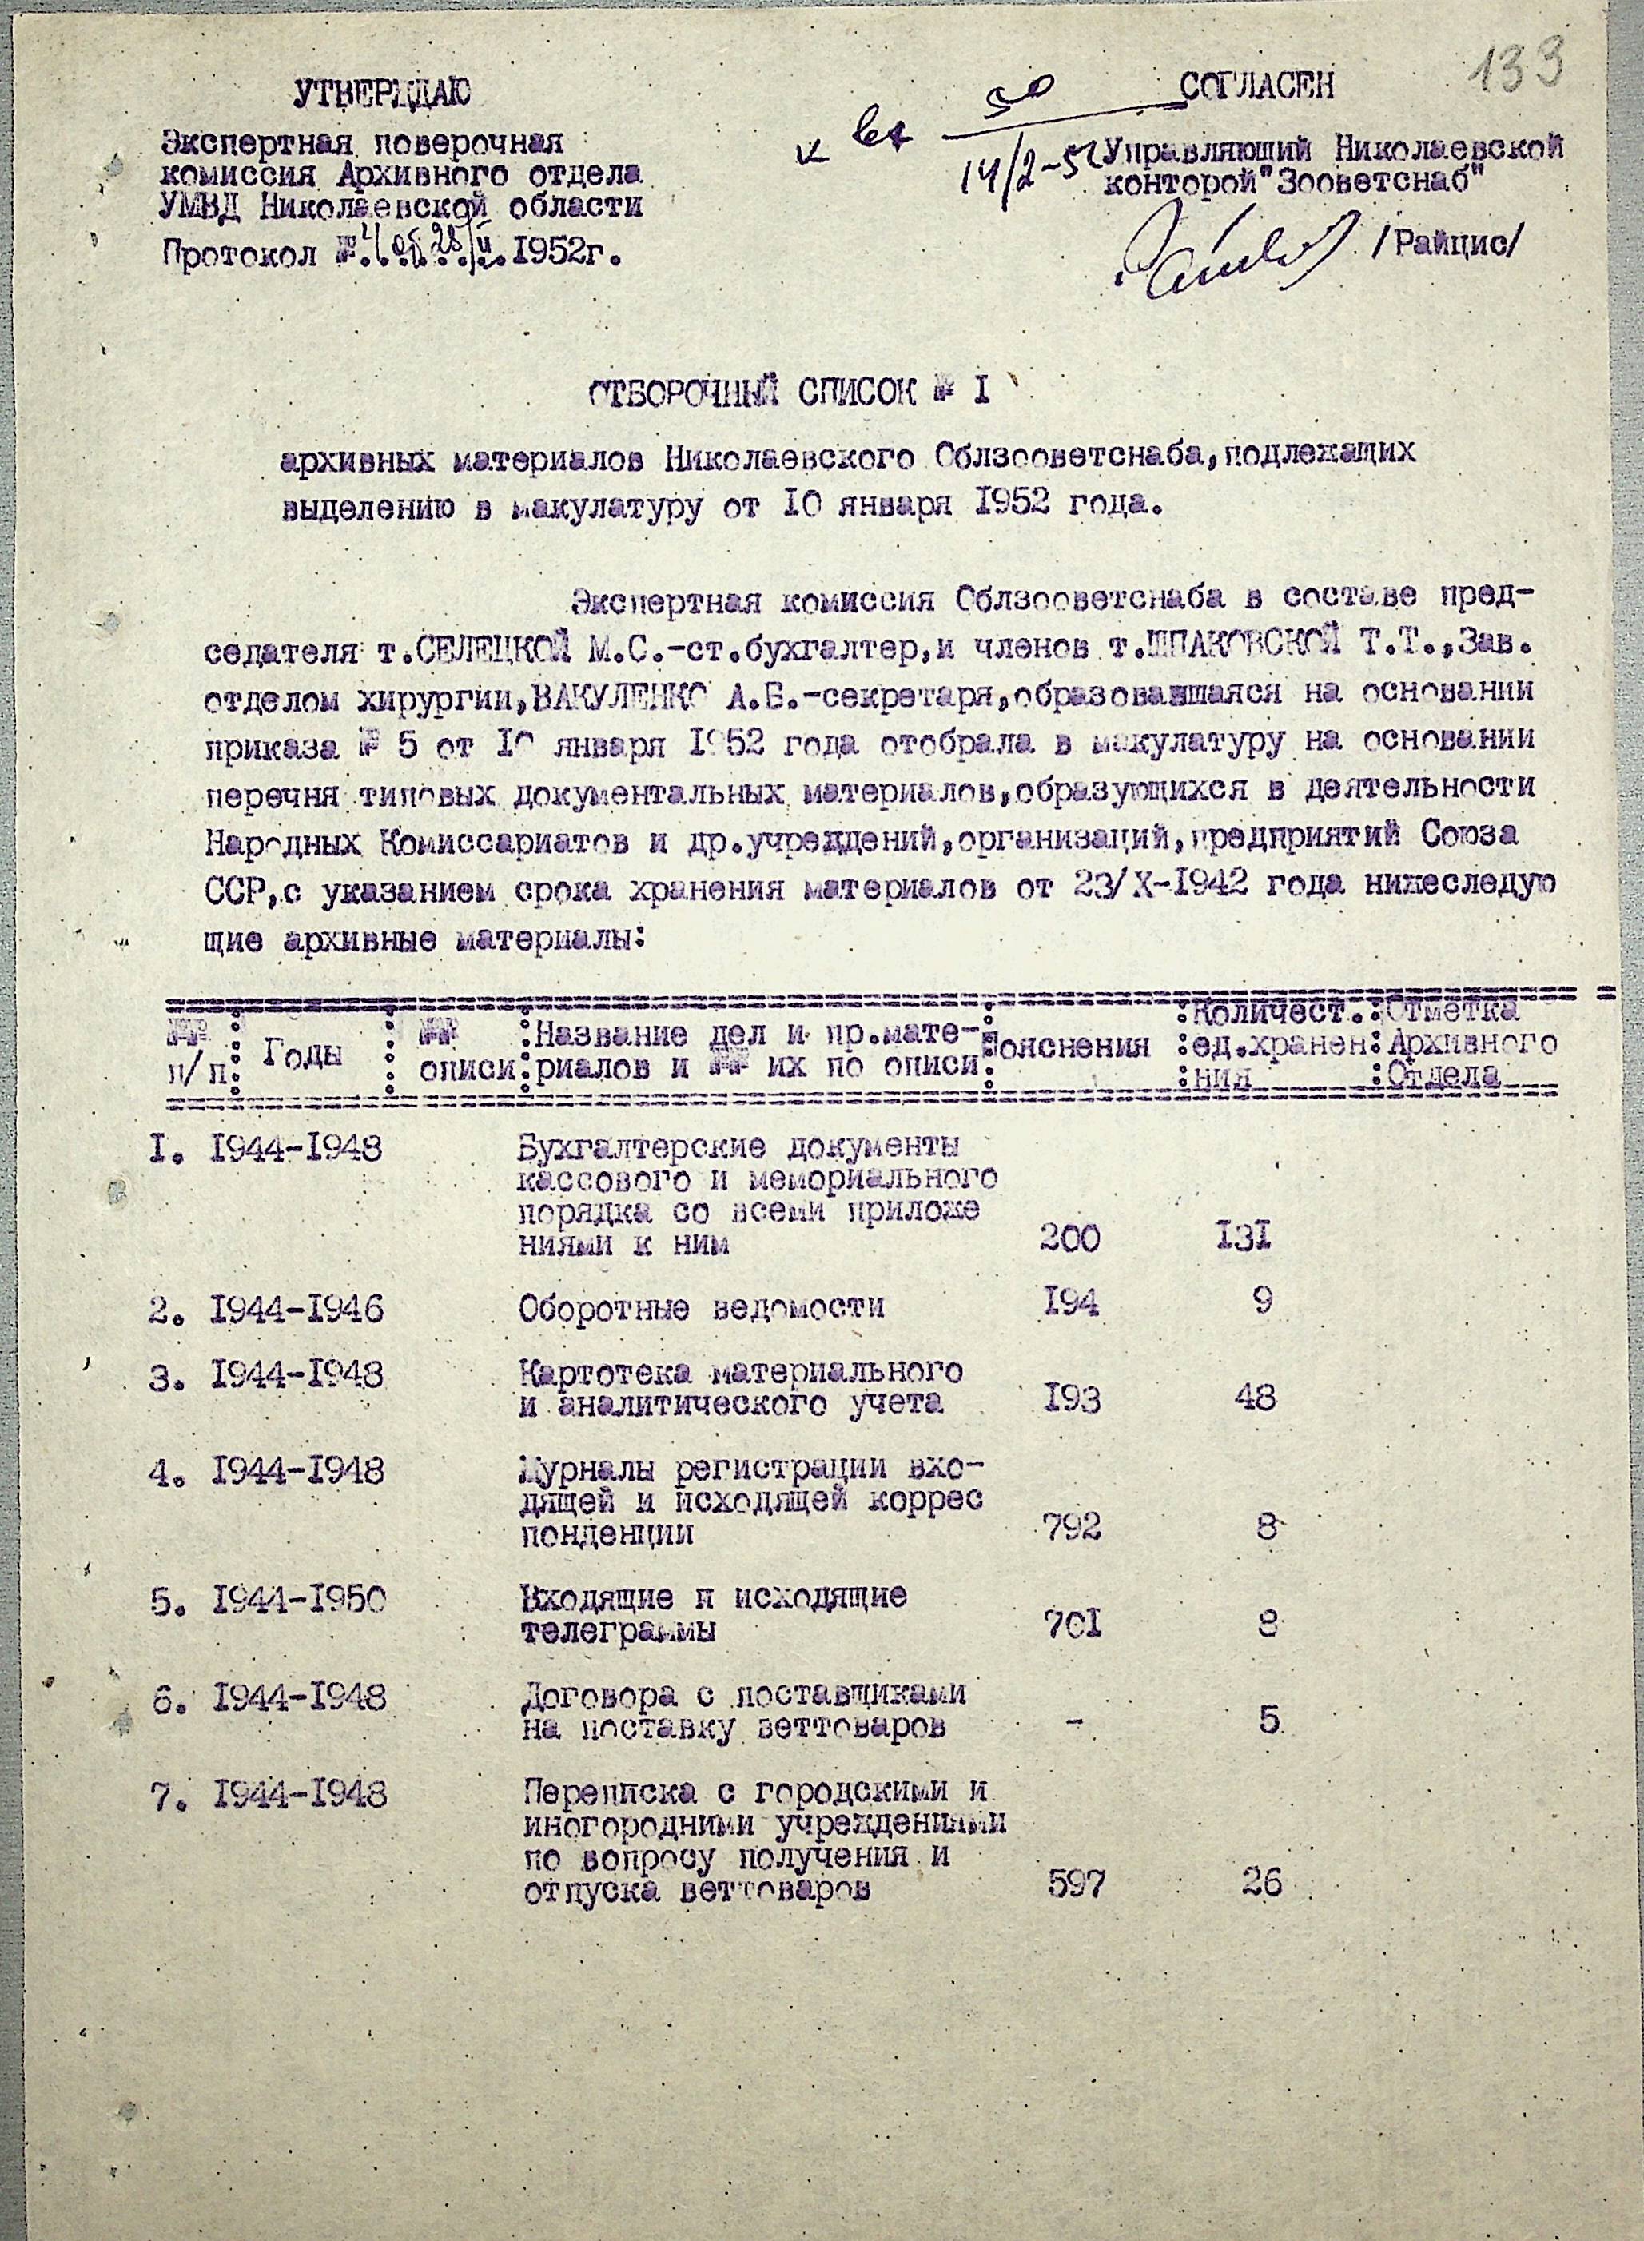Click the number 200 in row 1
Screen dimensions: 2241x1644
click(1071, 1239)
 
